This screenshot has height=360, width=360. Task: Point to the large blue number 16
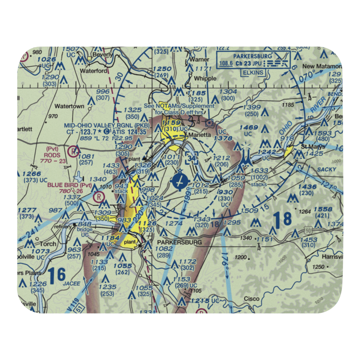[x=57, y=275]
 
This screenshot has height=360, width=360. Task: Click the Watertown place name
[x=69, y=106]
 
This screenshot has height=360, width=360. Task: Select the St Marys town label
[x=313, y=147]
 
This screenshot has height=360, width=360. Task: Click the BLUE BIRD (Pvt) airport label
[x=69, y=186]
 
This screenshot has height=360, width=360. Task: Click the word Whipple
[x=205, y=78]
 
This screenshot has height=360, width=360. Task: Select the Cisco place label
[x=252, y=298]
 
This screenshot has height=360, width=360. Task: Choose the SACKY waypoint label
[x=327, y=169]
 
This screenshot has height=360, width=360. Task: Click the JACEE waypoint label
[x=72, y=284]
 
